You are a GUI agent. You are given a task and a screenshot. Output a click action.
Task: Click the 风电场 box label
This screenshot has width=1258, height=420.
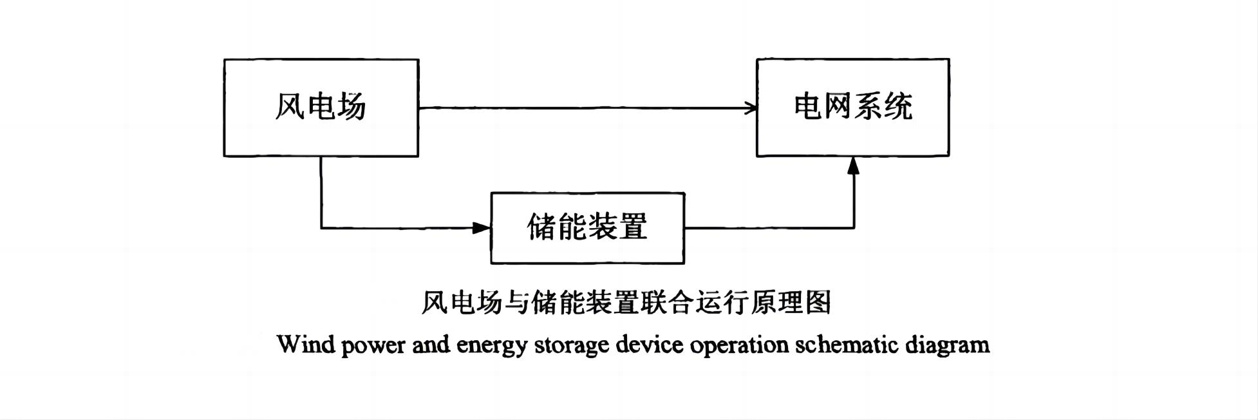(321, 107)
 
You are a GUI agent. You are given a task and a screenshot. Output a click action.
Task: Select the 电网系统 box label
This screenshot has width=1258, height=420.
(852, 107)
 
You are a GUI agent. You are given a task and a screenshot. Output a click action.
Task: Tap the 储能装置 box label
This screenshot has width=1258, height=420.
(587, 227)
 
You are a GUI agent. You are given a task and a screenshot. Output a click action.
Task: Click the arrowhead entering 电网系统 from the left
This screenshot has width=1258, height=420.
(751, 108)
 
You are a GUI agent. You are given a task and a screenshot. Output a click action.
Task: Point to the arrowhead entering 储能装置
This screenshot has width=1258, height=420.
(482, 227)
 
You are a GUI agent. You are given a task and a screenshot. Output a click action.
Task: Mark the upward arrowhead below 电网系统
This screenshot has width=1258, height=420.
(854, 166)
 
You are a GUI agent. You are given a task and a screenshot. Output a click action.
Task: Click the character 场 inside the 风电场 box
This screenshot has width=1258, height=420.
(351, 107)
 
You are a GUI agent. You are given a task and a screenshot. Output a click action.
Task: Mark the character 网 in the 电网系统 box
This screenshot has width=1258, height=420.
(838, 107)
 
